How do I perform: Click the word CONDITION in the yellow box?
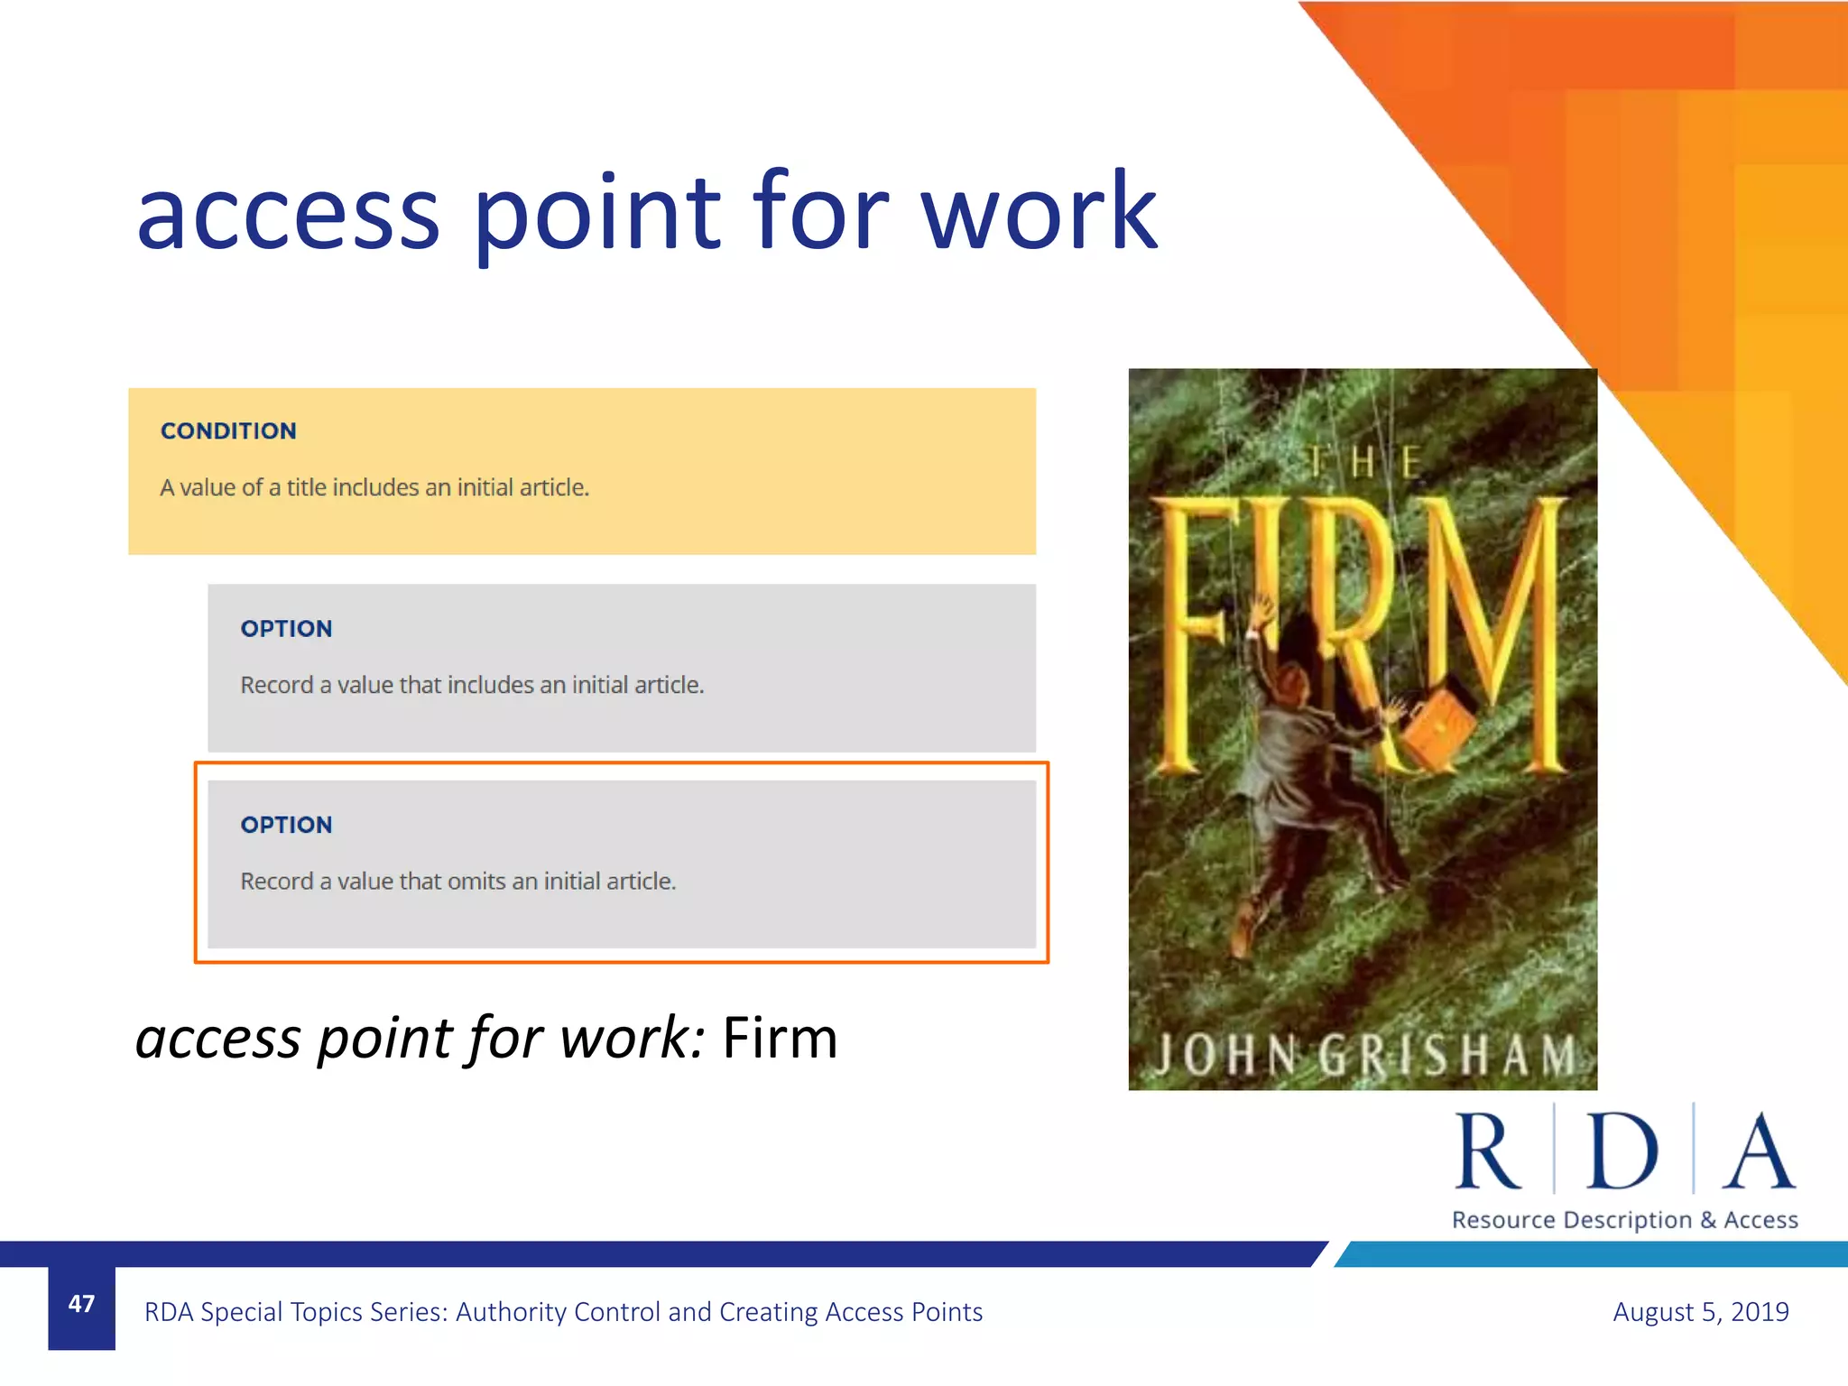coord(228,431)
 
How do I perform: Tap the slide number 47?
coord(81,1304)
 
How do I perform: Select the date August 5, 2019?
coord(1700,1311)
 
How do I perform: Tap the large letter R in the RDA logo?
coord(1486,1152)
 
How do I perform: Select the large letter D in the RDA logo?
coord(1622,1152)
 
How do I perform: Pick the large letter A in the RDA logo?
coord(1758,1152)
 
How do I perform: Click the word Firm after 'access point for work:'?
coord(780,1038)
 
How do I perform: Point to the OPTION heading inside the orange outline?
coord(286,825)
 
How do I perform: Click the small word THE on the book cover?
coord(1363,463)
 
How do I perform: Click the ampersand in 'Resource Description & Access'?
coord(1707,1220)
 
